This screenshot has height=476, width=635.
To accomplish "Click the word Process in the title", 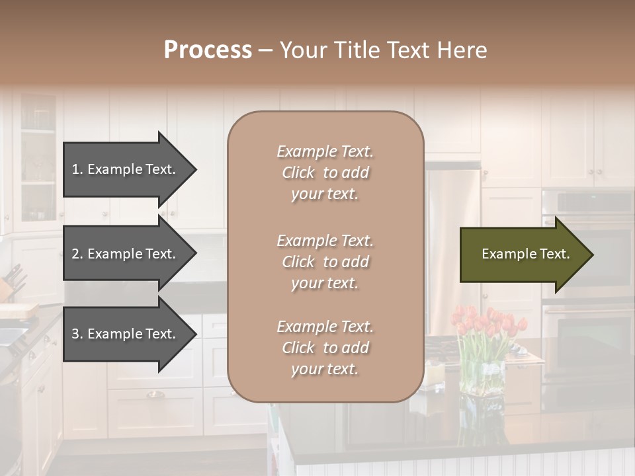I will tap(208, 50).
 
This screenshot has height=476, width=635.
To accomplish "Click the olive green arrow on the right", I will tap(523, 255).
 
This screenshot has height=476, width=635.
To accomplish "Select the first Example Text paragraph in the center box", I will tap(325, 173).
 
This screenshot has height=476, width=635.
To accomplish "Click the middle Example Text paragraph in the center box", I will tap(325, 262).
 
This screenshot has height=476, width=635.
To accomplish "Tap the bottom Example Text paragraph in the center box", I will tap(325, 348).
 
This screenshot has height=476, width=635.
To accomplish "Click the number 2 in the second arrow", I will tap(75, 254).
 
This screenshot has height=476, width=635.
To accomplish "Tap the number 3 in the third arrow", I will tap(75, 334).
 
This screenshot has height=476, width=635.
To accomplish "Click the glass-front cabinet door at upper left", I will tap(38, 159).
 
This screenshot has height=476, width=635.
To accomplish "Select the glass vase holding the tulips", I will tap(482, 374).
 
